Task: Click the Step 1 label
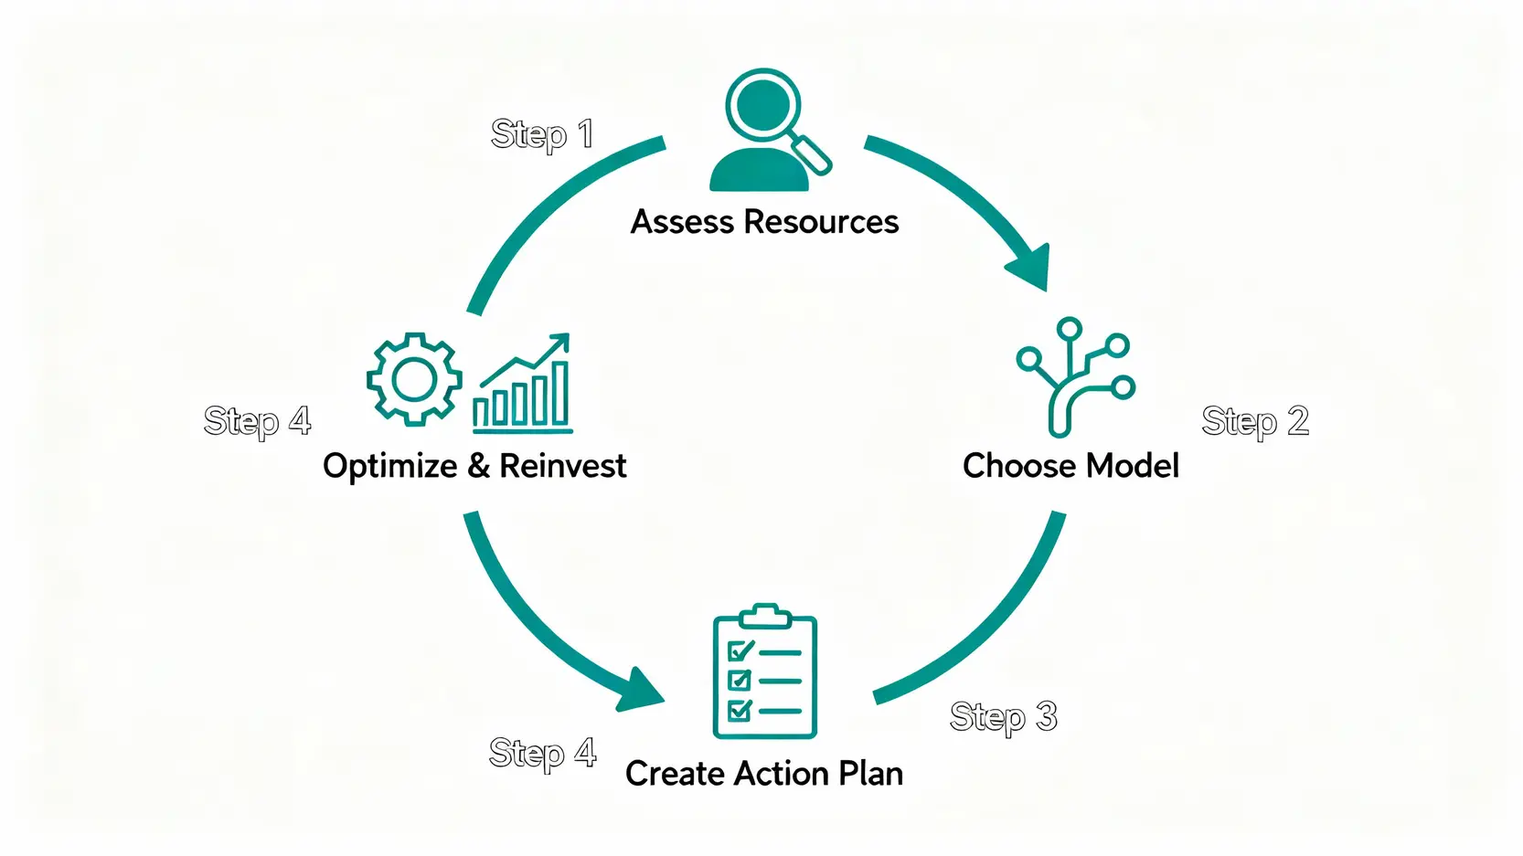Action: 542,134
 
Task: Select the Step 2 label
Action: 1254,421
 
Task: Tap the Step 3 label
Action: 1003,716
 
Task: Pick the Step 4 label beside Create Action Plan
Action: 542,754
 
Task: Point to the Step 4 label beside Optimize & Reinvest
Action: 257,421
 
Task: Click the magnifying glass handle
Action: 811,153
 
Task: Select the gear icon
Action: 413,379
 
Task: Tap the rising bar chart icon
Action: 523,385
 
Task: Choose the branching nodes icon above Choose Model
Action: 1075,375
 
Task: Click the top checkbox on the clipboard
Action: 740,651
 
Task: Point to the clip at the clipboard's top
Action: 764,615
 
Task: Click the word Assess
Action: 682,222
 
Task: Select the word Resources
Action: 821,222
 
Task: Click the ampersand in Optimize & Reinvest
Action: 478,466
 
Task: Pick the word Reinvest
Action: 562,466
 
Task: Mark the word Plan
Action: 870,774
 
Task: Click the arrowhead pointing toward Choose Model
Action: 1030,267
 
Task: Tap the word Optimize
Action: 390,467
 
